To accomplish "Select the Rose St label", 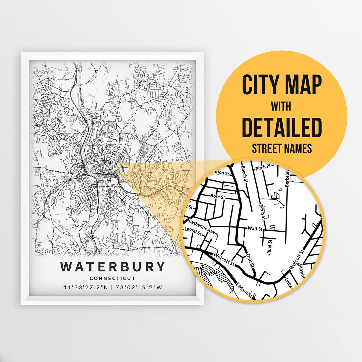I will point(217,196).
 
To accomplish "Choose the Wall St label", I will point(255,229).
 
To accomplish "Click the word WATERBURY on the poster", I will point(113,267).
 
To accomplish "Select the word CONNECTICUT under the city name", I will point(113,278).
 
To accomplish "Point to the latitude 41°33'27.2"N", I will point(85,287).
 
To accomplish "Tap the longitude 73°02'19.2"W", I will point(139,287).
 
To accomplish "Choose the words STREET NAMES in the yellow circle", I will point(282,148).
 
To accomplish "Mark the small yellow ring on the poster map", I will point(123,168).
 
